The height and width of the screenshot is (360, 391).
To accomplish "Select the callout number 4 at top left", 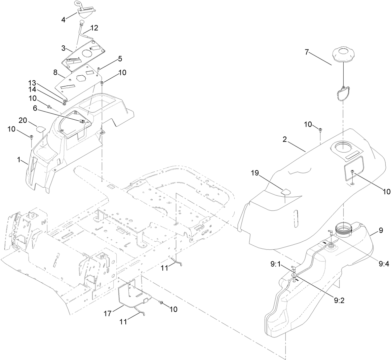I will tap(63, 19).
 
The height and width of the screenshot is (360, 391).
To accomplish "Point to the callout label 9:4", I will tap(382, 264).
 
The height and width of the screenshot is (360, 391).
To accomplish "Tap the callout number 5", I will tap(111, 58).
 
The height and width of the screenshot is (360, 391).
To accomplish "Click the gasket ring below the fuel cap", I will tap(342, 93).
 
